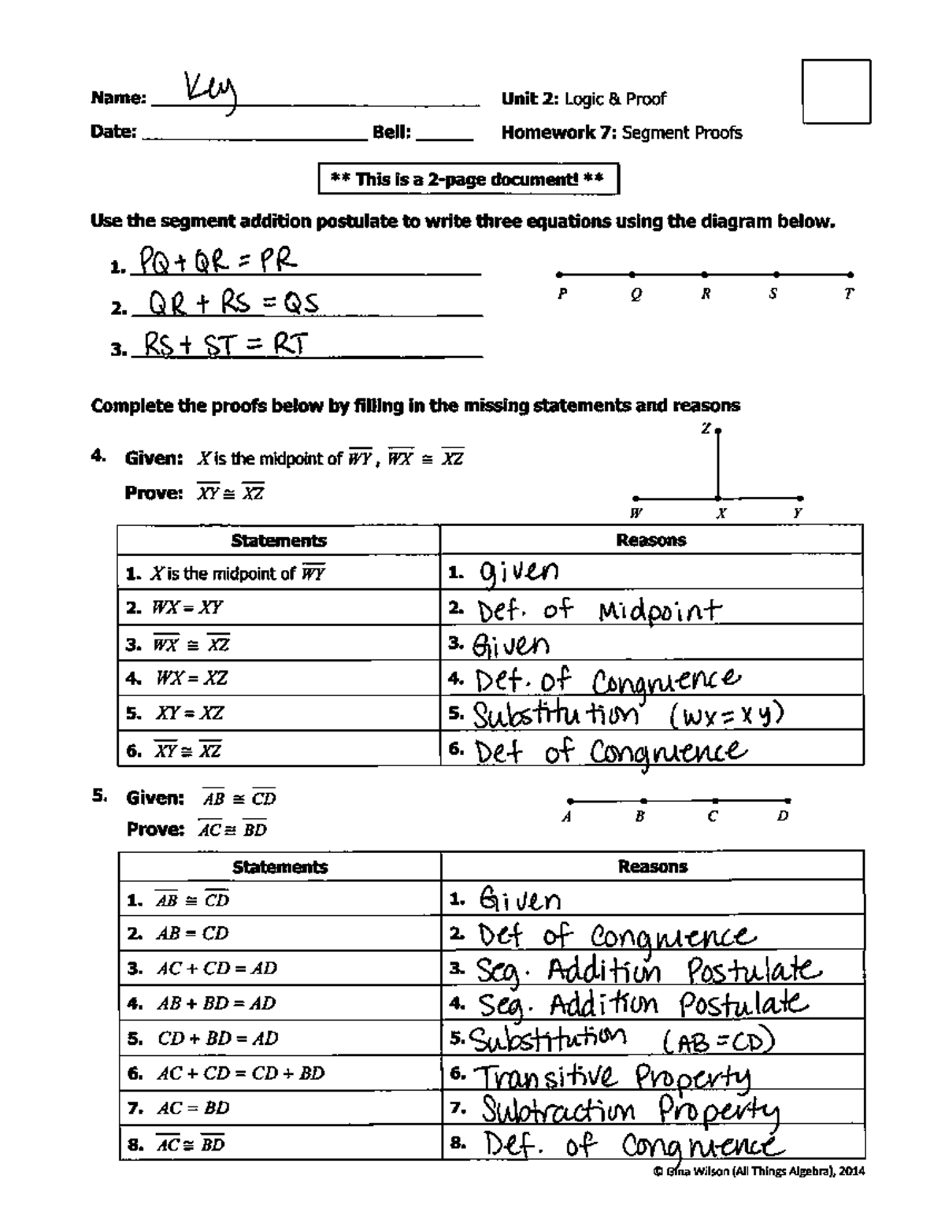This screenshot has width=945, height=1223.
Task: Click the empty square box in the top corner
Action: click(x=836, y=91)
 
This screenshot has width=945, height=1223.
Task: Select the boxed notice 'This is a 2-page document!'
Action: click(x=469, y=179)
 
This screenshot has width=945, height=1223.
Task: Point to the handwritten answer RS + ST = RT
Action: click(x=223, y=344)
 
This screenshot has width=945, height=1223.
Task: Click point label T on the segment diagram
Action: click(x=849, y=294)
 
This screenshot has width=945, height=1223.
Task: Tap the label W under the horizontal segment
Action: click(x=636, y=513)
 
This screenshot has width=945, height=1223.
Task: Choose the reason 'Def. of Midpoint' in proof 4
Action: click(x=598, y=610)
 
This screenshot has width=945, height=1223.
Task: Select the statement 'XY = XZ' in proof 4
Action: click(x=189, y=713)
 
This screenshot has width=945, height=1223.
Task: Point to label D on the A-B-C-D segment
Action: click(x=782, y=817)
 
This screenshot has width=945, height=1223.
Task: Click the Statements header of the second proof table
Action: click(x=280, y=867)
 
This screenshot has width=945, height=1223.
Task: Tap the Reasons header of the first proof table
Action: click(x=651, y=540)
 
